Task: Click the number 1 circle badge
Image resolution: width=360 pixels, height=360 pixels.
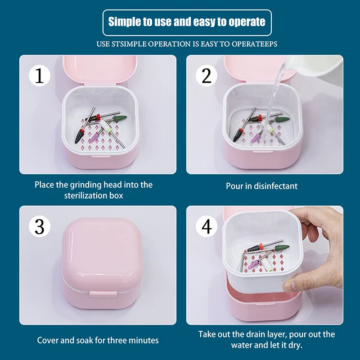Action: tap(39, 76)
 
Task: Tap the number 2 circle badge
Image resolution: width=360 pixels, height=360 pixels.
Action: tap(207, 76)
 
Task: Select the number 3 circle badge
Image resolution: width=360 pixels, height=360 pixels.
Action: tap(39, 227)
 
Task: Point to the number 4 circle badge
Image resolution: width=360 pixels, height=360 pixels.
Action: tap(207, 227)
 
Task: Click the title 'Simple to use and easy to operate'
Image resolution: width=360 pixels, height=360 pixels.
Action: tap(187, 22)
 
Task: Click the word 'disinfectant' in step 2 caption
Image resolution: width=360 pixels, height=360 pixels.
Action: tap(275, 186)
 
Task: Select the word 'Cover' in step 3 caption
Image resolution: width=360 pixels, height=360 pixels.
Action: tap(48, 340)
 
